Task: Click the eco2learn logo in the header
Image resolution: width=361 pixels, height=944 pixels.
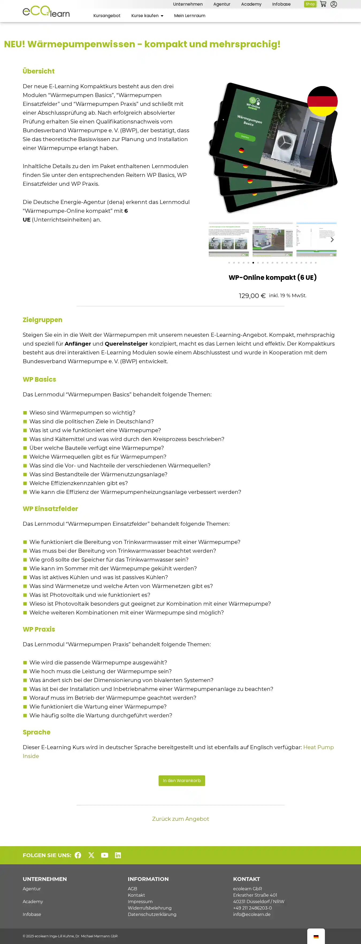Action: click(x=46, y=12)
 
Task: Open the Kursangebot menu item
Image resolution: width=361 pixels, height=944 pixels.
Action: click(x=107, y=16)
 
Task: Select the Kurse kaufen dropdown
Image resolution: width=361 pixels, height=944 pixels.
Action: click(x=147, y=16)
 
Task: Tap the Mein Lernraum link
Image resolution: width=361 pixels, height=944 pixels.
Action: click(x=190, y=16)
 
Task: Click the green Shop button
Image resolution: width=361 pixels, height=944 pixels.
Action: click(x=310, y=4)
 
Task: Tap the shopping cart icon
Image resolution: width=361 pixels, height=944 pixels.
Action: click(x=323, y=4)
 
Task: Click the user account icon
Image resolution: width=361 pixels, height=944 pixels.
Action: click(x=333, y=4)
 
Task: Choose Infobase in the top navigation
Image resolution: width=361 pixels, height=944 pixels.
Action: click(x=281, y=4)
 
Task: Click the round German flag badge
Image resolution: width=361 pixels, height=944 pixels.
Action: click(x=322, y=101)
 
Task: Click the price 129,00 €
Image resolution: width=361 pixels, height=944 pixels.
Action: click(x=252, y=296)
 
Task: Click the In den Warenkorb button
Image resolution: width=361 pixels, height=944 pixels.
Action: click(x=181, y=780)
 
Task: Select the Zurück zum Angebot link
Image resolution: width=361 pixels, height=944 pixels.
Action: click(x=180, y=819)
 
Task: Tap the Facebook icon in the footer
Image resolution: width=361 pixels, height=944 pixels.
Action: click(x=78, y=855)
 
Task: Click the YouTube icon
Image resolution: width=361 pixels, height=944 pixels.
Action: click(x=105, y=855)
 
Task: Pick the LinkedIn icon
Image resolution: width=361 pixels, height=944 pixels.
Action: click(x=118, y=855)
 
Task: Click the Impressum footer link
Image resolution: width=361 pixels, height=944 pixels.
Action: click(x=140, y=902)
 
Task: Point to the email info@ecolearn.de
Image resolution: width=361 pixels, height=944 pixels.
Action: click(x=251, y=914)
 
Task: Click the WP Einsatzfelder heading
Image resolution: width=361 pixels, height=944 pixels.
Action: click(x=50, y=509)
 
